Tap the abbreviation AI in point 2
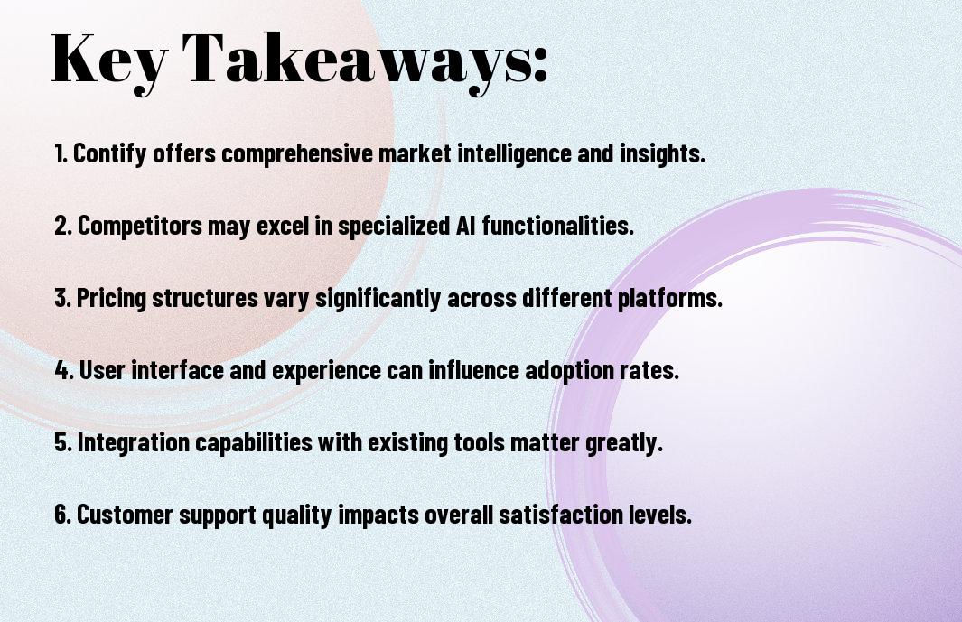[x=466, y=225]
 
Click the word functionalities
[x=557, y=225]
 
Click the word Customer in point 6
[x=125, y=514]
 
